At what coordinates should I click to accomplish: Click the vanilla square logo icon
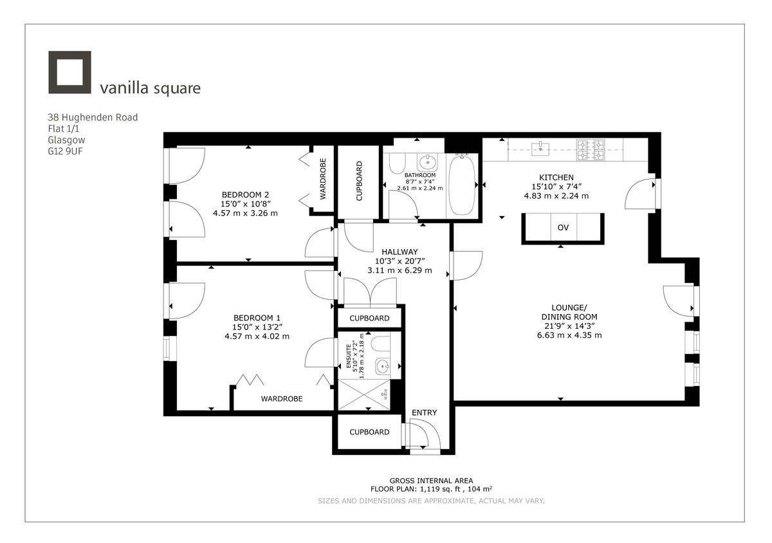pyautogui.click(x=69, y=72)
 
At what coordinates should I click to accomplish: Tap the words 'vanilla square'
pyautogui.click(x=150, y=88)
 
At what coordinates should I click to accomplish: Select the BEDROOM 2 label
pyautogui.click(x=245, y=195)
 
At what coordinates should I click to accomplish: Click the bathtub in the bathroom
pyautogui.click(x=461, y=187)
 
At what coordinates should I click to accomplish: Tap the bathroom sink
pyautogui.click(x=425, y=161)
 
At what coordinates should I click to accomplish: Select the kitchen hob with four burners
pyautogui.click(x=590, y=150)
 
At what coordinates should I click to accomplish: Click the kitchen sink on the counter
pyautogui.click(x=538, y=149)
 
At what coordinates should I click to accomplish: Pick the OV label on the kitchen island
pyautogui.click(x=563, y=228)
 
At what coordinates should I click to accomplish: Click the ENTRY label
pyautogui.click(x=424, y=412)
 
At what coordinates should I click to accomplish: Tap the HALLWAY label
pyautogui.click(x=399, y=252)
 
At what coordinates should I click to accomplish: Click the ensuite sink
pyautogui.click(x=383, y=367)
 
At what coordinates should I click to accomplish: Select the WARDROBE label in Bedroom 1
pyautogui.click(x=281, y=399)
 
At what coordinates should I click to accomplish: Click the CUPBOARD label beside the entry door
pyautogui.click(x=369, y=432)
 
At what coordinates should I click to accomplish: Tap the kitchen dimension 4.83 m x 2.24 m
pyautogui.click(x=556, y=196)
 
